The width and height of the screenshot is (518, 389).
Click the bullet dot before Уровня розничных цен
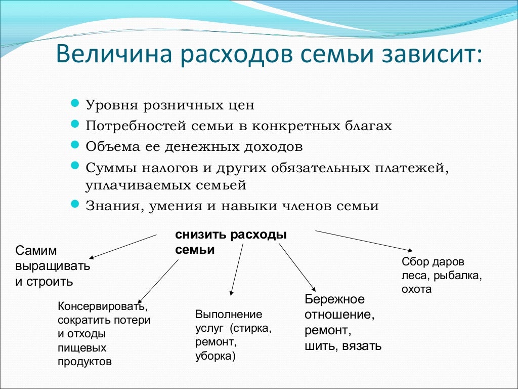[74, 103]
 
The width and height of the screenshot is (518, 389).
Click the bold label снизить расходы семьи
[231, 242]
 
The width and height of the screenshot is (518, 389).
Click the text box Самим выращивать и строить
[52, 266]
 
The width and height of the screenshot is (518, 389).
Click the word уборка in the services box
[215, 356]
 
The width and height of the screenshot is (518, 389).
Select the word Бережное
[334, 299]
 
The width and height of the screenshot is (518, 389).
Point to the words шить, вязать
[343, 346]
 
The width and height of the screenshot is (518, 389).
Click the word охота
[416, 289]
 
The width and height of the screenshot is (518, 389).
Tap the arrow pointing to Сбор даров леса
[364, 241]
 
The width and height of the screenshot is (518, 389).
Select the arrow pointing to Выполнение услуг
[237, 268]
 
